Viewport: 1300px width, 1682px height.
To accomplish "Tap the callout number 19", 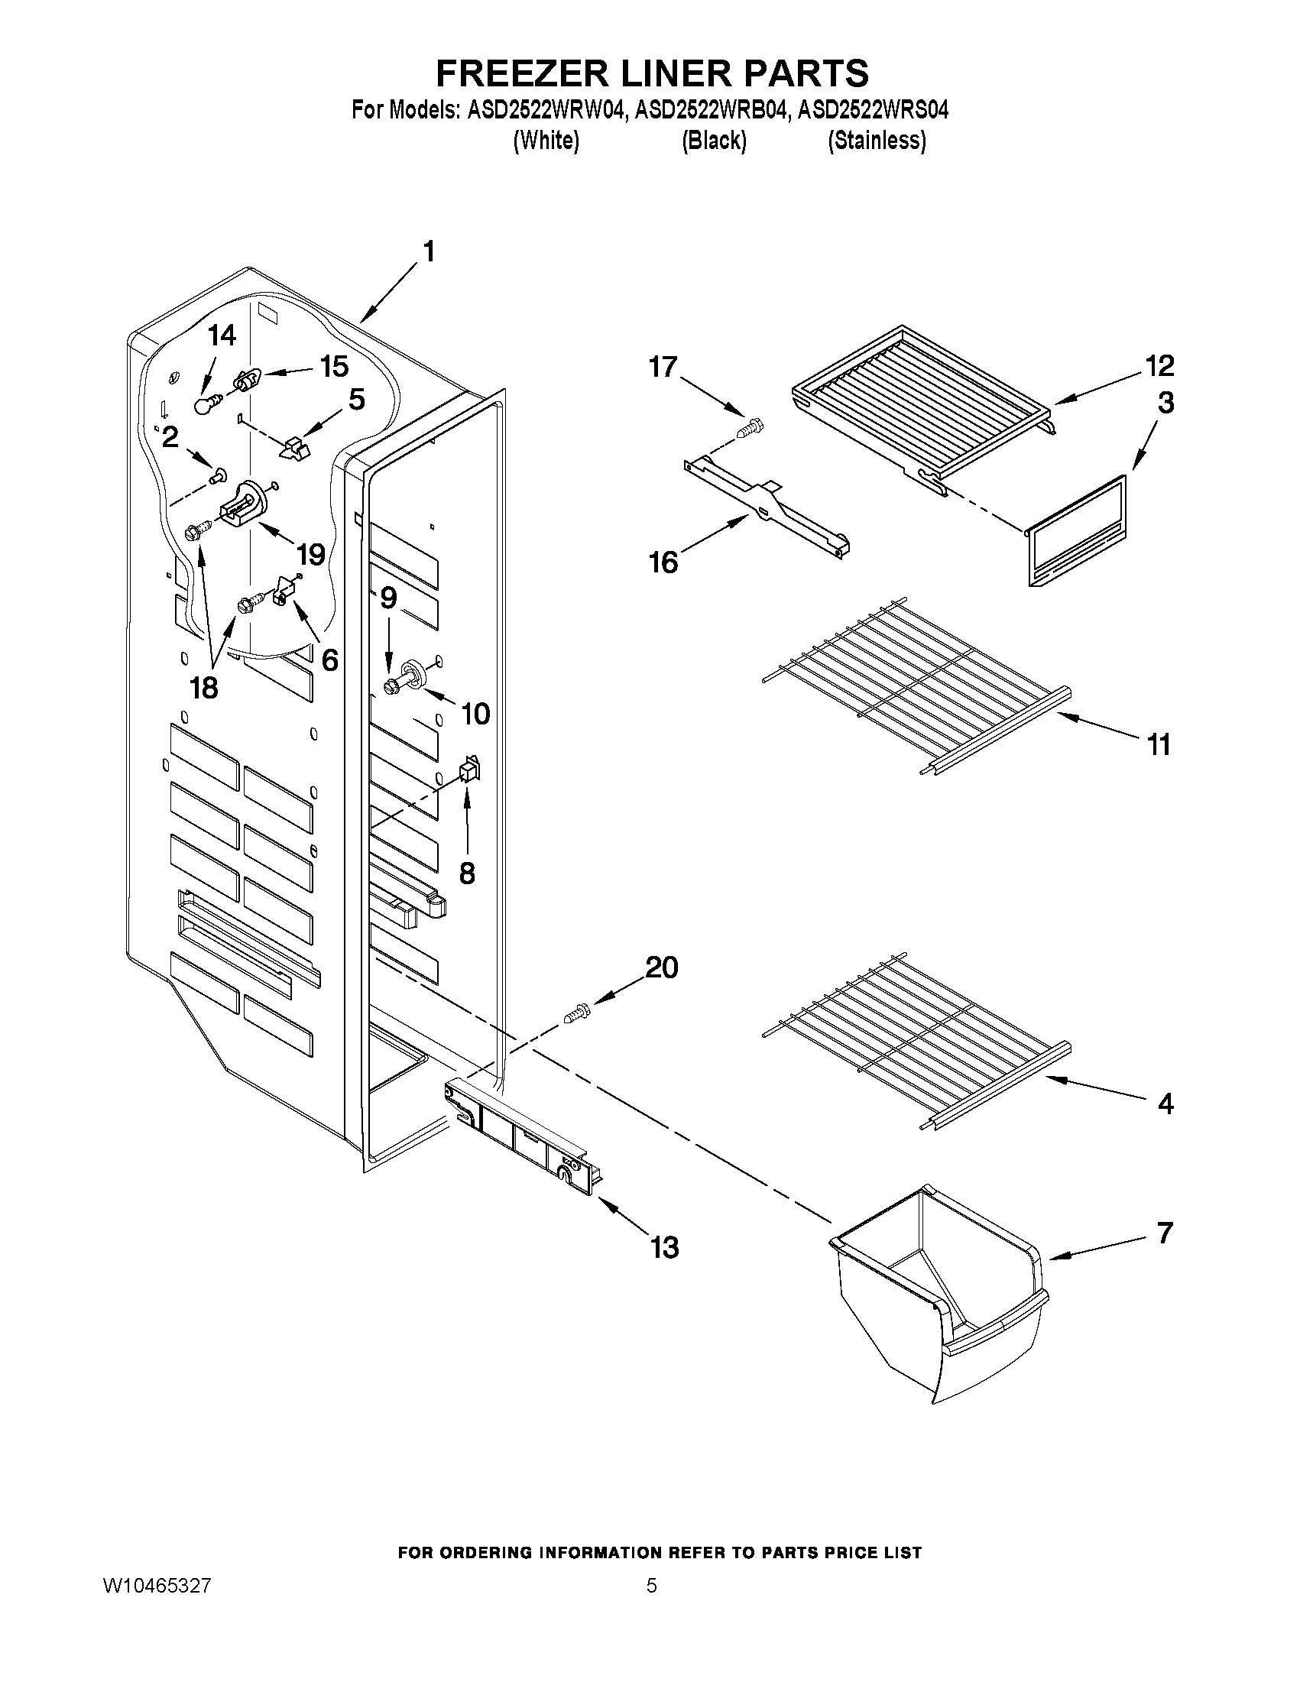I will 310,554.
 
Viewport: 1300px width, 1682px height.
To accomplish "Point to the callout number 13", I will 665,1247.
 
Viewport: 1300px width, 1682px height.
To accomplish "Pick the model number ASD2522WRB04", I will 712,111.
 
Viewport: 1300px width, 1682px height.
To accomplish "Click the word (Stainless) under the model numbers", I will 876,141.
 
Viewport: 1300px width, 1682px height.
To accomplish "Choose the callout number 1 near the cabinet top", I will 428,252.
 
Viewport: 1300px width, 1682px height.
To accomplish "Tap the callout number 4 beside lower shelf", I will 1165,1104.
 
